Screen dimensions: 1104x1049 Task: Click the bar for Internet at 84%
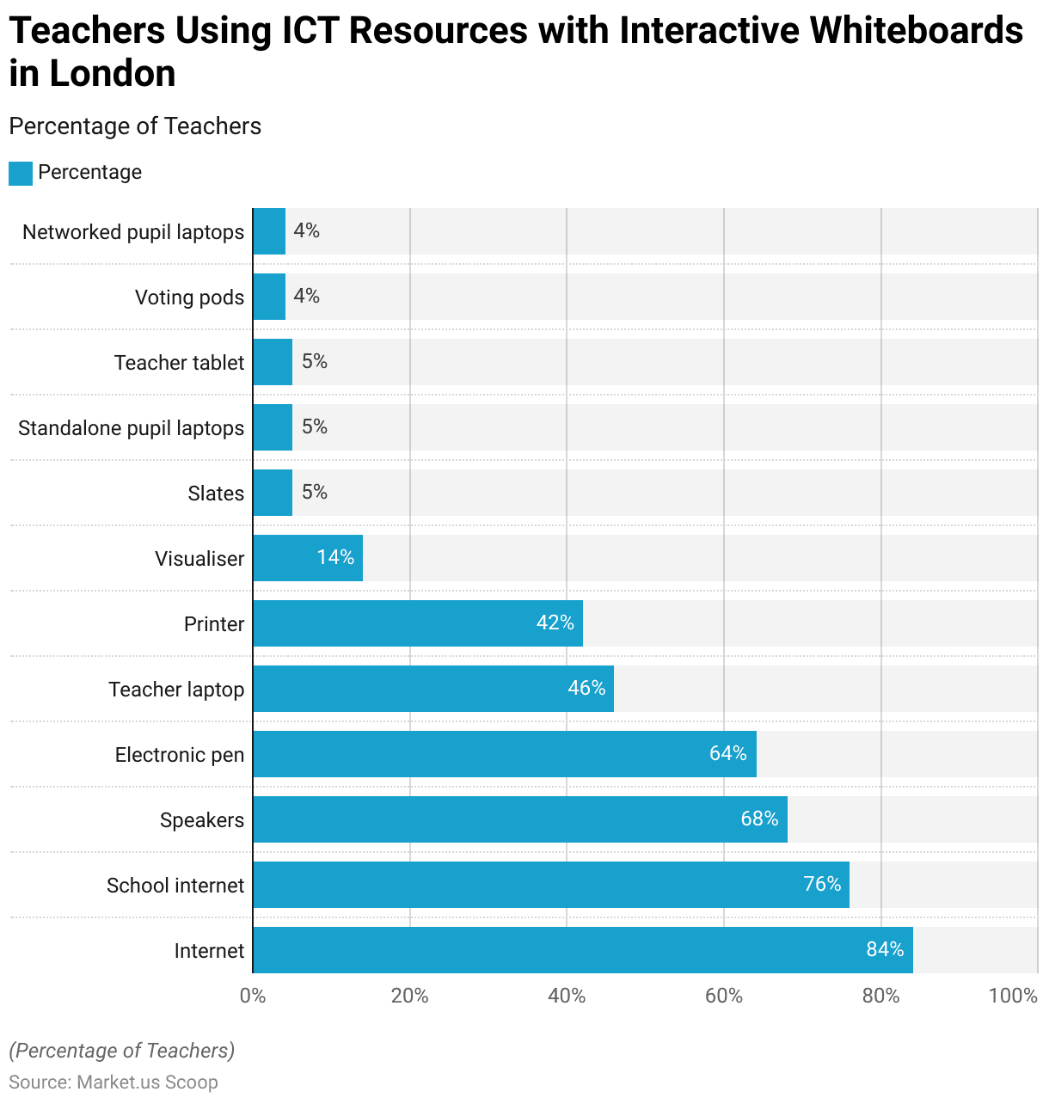[x=582, y=950]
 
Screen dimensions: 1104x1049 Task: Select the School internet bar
[x=550, y=885]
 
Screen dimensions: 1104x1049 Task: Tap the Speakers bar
[x=519, y=819]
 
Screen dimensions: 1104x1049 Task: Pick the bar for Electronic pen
[x=504, y=754]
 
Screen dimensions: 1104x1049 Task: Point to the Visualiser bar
[x=307, y=558]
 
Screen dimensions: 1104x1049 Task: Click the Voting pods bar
[x=269, y=297]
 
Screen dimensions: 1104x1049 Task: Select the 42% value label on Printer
[x=555, y=623]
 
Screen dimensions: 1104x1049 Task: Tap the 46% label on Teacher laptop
[x=586, y=688]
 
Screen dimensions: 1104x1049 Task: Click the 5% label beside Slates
[x=314, y=492]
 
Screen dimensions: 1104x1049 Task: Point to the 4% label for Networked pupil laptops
[x=306, y=230]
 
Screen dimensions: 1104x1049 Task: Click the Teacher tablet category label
[x=179, y=363]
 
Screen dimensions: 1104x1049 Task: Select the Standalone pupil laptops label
[x=131, y=428]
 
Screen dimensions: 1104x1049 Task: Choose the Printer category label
[x=214, y=624]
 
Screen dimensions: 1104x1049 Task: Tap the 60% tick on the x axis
[x=723, y=996]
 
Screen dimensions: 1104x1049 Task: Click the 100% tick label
[x=1013, y=996]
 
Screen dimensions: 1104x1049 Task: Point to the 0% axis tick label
[x=253, y=996]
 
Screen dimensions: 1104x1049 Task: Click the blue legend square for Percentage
[x=21, y=173]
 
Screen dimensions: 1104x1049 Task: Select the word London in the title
[x=112, y=74]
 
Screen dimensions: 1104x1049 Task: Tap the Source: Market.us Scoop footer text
[x=113, y=1082]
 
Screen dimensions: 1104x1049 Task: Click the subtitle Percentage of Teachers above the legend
[x=135, y=126]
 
